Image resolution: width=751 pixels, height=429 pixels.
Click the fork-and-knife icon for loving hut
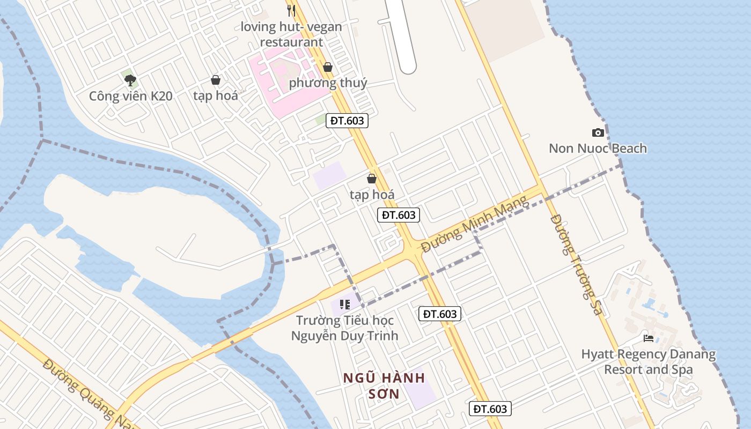click(x=291, y=10)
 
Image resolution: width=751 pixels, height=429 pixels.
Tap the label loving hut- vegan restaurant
click(x=291, y=34)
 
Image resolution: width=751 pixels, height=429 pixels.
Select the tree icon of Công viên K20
click(x=130, y=80)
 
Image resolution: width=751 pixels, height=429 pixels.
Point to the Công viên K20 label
click(x=130, y=97)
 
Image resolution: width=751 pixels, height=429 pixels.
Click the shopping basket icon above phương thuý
click(x=328, y=67)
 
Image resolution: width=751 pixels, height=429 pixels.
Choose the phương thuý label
click(x=328, y=83)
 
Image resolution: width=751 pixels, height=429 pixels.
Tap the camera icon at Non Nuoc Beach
click(x=598, y=132)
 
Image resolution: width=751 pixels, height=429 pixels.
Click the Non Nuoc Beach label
click(x=598, y=149)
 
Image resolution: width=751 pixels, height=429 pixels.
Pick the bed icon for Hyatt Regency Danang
click(x=649, y=338)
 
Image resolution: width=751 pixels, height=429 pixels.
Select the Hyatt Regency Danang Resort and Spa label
click(x=648, y=362)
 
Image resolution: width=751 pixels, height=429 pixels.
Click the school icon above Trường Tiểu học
click(x=344, y=305)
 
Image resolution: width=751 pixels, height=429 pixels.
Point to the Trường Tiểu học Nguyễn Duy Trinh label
click(x=344, y=328)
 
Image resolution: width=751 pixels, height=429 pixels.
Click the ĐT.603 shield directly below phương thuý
click(x=348, y=121)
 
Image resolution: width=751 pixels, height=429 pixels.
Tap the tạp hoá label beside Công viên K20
click(x=216, y=96)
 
